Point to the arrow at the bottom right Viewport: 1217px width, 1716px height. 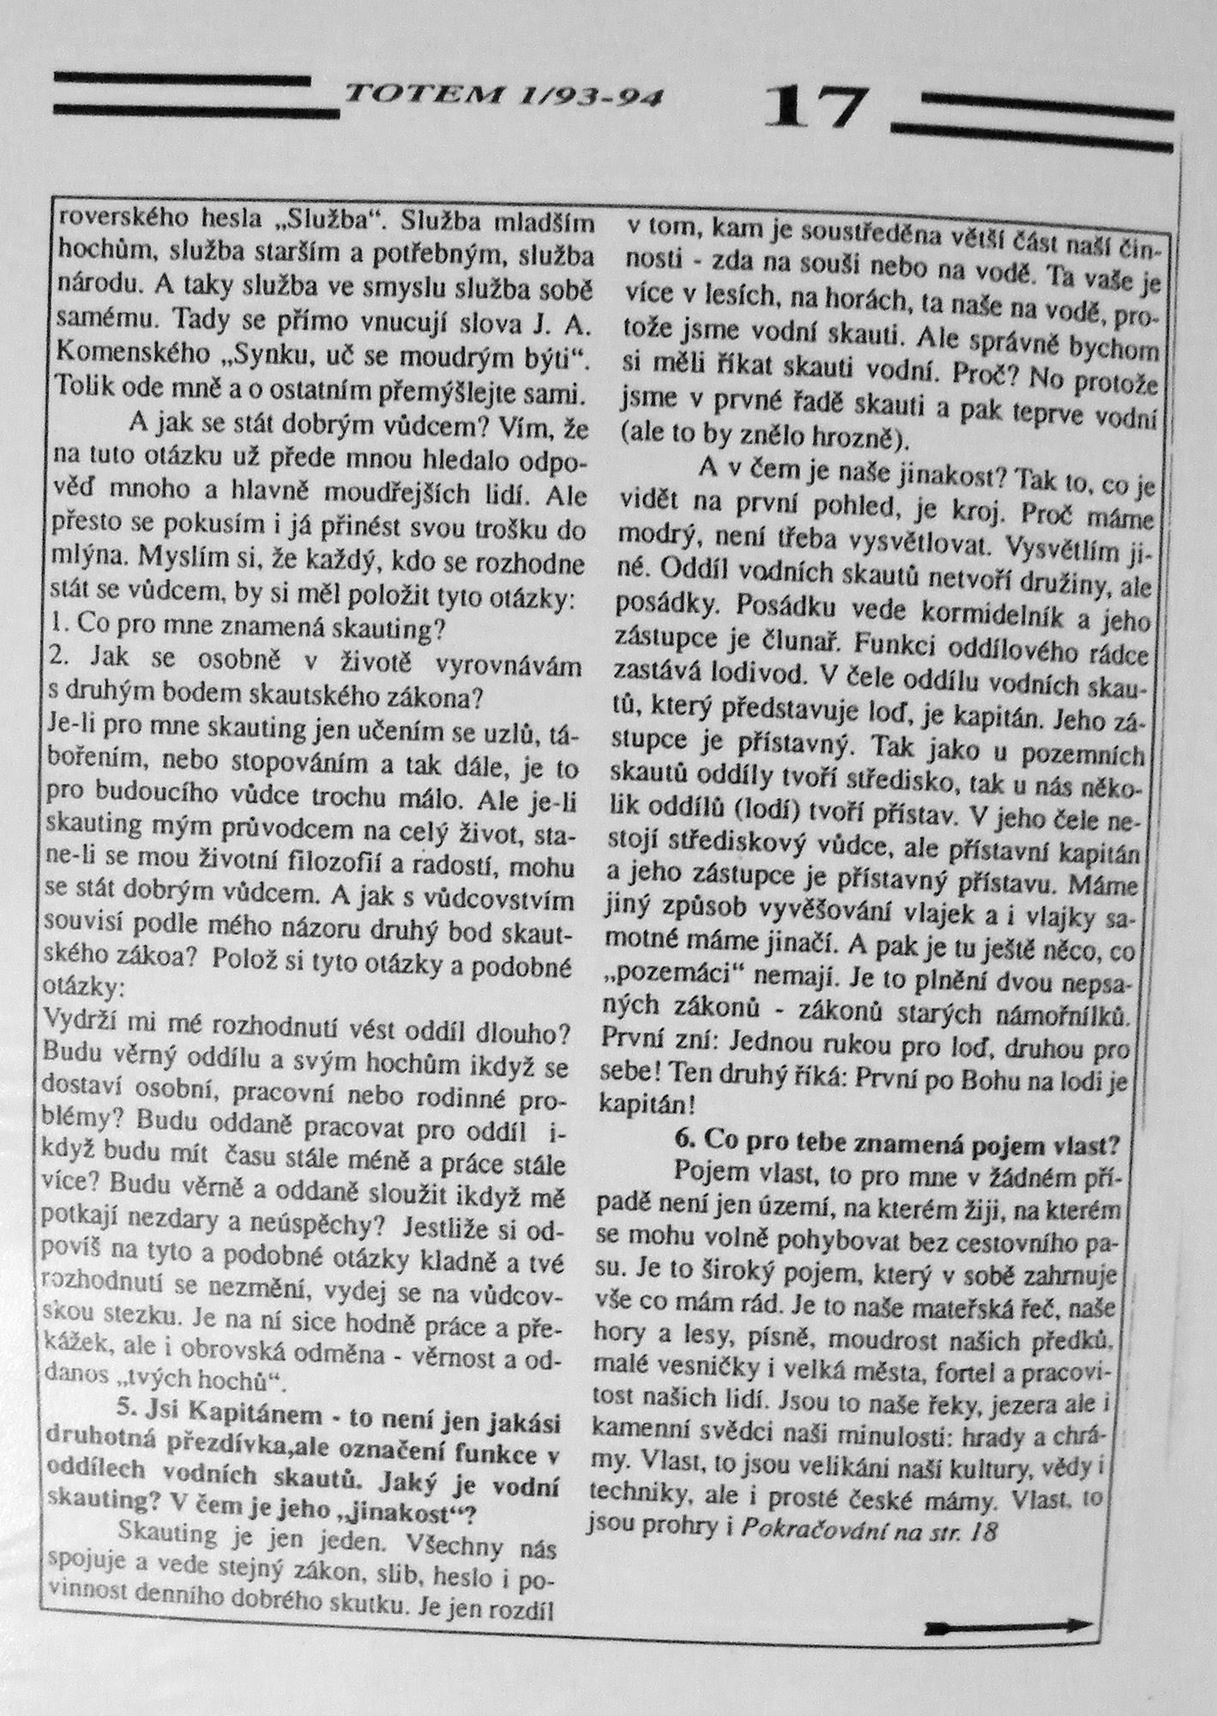1010,1626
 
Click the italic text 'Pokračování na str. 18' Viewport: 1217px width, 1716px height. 868,1531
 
